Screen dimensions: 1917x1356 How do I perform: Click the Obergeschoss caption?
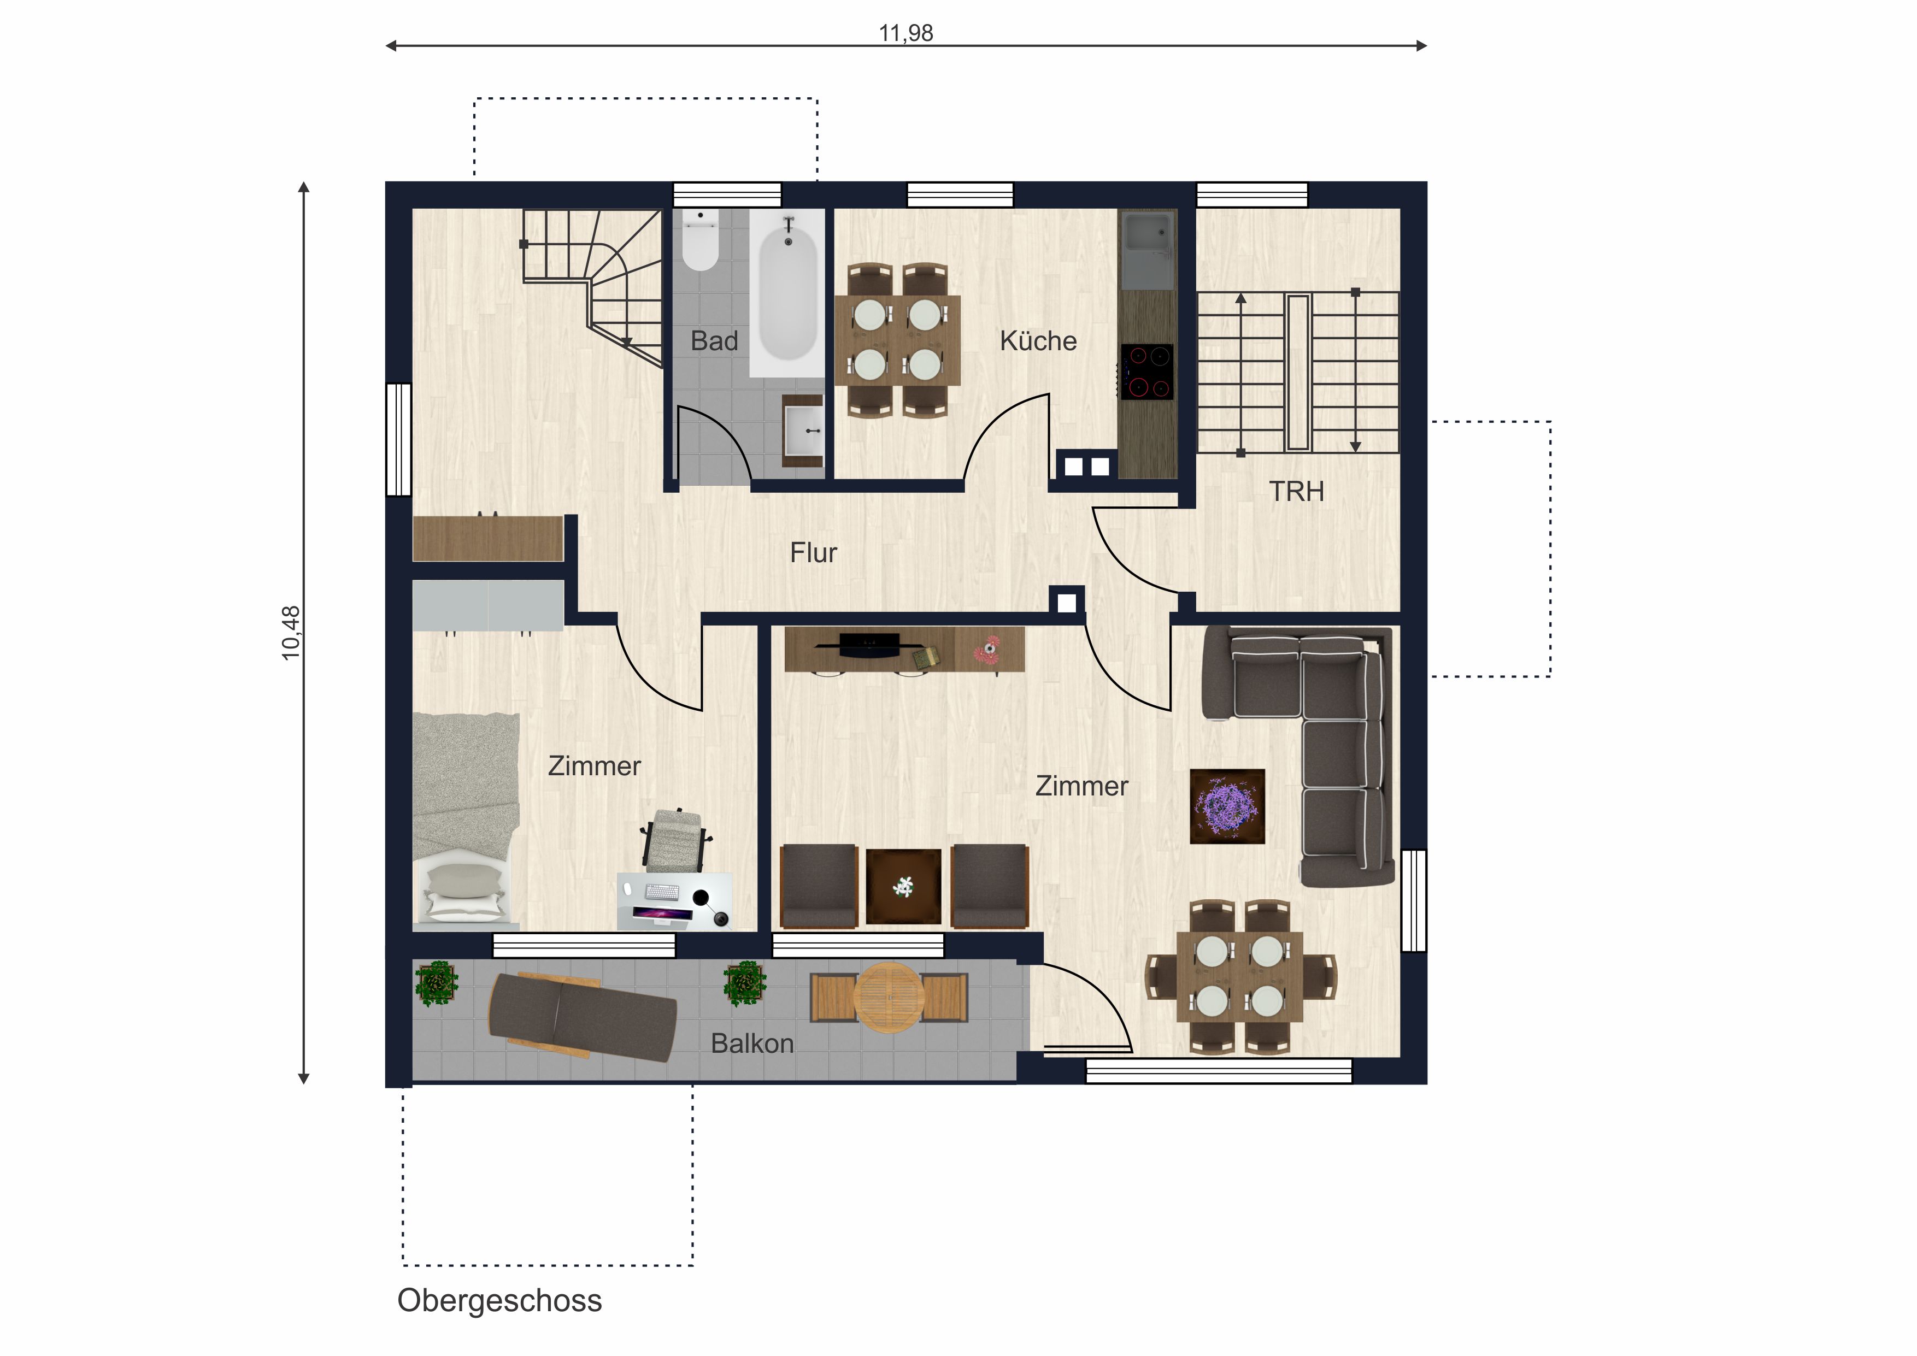pos(499,1301)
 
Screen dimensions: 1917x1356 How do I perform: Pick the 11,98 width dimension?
pos(906,33)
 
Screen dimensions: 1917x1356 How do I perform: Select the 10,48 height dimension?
pos(291,633)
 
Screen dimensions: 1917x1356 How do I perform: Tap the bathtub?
pos(786,293)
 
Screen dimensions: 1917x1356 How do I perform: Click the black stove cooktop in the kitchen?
pos(1146,372)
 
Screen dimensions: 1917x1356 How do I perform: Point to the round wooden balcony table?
pos(889,998)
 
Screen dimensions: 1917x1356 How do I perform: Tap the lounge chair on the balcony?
pos(582,1016)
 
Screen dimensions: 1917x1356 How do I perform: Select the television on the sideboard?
pos(869,645)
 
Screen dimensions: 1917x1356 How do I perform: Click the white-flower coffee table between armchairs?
pos(903,887)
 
